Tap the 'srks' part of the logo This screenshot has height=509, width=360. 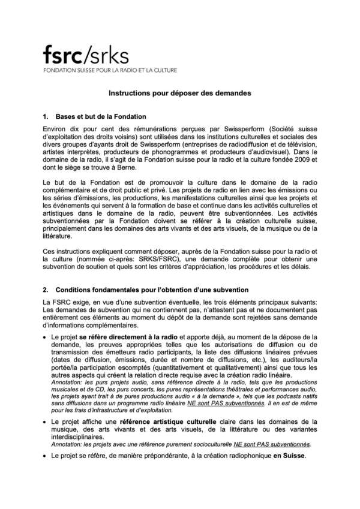(x=107, y=55)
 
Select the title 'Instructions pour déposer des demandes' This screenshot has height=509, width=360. (x=179, y=94)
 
